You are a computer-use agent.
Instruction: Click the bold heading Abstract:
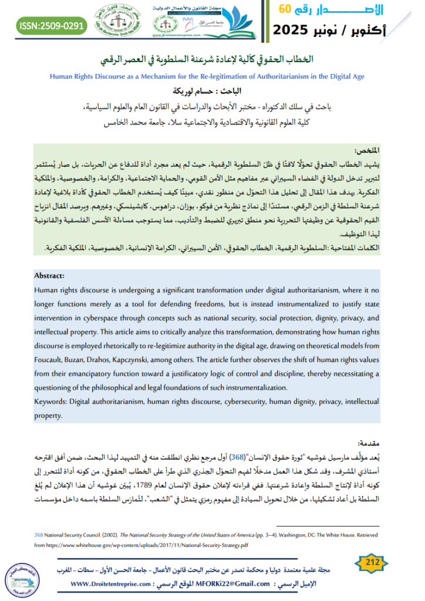coord(49,275)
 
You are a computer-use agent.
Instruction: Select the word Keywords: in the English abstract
coord(50,402)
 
